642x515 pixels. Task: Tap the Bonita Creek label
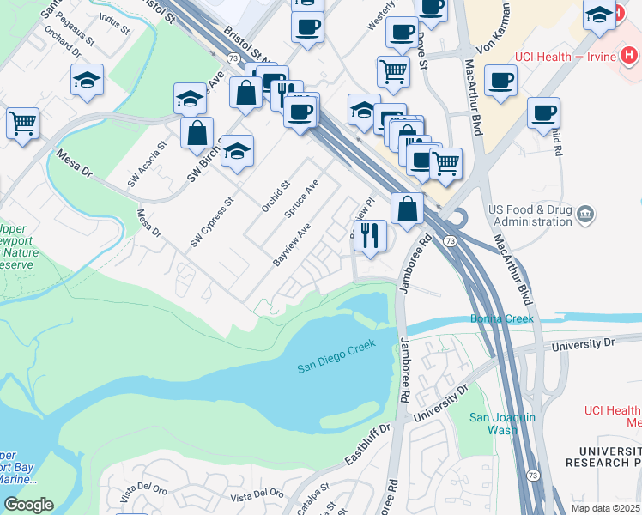502,319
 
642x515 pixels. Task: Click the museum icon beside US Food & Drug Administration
586,213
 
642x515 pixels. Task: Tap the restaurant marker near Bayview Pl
370,234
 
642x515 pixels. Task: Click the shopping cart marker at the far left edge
22,123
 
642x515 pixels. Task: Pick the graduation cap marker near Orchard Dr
87,81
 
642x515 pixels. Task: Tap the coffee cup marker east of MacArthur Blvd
542,113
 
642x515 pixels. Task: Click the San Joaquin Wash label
503,423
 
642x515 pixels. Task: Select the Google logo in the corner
28,505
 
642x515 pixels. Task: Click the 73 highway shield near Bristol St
233,58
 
